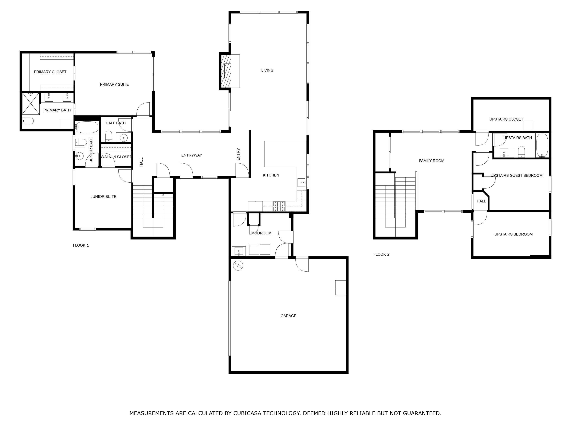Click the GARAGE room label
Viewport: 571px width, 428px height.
(288, 316)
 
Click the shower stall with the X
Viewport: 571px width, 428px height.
(30, 103)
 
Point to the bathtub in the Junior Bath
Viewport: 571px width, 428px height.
(87, 127)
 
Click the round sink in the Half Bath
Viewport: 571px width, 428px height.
(124, 138)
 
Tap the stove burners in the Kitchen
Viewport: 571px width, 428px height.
(279, 206)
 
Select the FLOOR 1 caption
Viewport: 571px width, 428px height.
(81, 245)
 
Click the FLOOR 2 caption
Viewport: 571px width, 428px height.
(381, 254)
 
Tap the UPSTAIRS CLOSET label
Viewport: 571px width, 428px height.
(506, 119)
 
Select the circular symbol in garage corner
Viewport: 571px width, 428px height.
(238, 266)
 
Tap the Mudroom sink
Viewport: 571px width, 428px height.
(239, 251)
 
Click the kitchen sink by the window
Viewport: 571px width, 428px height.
(301, 183)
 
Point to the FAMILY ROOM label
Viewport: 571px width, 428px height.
(432, 161)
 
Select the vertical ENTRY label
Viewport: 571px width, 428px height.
(238, 154)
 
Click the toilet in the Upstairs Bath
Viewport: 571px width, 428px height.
(522, 152)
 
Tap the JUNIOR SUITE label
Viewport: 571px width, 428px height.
(103, 196)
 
